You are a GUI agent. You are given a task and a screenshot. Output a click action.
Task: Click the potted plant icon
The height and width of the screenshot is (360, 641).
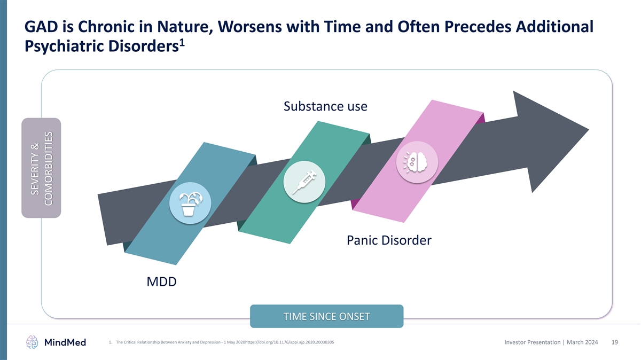pos(190,204)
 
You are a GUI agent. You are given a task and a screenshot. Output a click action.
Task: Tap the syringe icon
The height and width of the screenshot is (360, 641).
pos(304,182)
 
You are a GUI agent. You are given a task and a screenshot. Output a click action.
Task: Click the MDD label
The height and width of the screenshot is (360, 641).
pos(161,282)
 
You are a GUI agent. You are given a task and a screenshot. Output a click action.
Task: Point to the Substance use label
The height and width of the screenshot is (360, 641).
pos(325,106)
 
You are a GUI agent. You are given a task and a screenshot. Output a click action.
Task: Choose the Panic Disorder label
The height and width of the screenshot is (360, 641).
pos(389,240)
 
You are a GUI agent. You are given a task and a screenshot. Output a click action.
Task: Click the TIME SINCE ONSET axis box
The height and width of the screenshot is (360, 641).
pos(326,316)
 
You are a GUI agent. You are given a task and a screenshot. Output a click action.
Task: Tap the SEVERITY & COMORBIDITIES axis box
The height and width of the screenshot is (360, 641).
pos(41,168)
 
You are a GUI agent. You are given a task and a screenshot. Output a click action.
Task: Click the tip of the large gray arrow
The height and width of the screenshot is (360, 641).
pos(589,129)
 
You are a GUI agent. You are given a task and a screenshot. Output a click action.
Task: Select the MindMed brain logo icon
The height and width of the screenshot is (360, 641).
pos(32,342)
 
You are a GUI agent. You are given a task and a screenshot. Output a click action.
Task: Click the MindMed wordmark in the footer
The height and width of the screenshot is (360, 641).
pos(65,342)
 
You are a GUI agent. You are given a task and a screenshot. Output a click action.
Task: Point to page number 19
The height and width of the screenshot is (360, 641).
pos(615,342)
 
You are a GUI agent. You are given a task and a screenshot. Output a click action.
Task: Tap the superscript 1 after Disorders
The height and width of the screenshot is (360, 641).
pos(182,43)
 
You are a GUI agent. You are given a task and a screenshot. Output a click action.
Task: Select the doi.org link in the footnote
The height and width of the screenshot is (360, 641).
pos(290,342)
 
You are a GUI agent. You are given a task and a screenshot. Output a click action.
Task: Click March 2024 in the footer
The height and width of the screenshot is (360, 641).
pos(582,342)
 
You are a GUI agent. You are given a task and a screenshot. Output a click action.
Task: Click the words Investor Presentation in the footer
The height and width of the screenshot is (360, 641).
pos(532,342)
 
